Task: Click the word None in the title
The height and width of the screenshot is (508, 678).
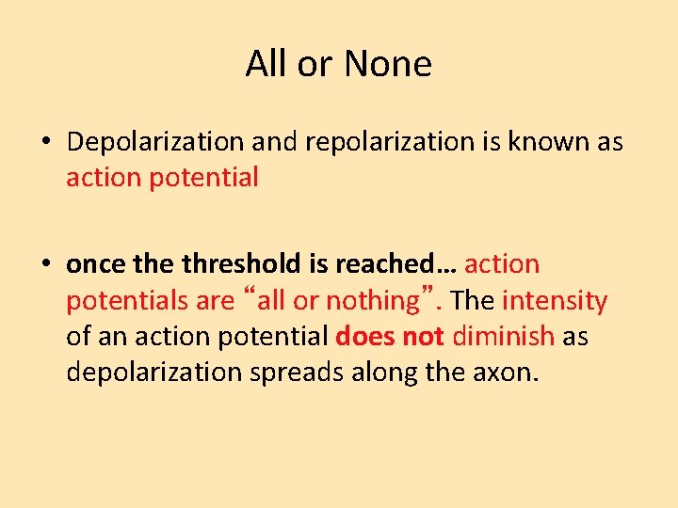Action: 388,64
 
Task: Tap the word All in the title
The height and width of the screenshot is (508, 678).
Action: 266,64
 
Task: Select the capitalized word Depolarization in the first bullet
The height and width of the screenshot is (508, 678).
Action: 155,142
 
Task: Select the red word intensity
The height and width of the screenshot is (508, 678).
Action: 555,301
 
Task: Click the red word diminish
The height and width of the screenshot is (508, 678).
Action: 503,337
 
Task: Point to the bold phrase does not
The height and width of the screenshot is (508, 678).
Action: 390,337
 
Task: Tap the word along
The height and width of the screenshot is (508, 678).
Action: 381,373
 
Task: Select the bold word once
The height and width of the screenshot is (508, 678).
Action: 94,265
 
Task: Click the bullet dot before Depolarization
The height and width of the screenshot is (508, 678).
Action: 46,143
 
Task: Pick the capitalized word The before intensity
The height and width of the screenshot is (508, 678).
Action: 473,301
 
